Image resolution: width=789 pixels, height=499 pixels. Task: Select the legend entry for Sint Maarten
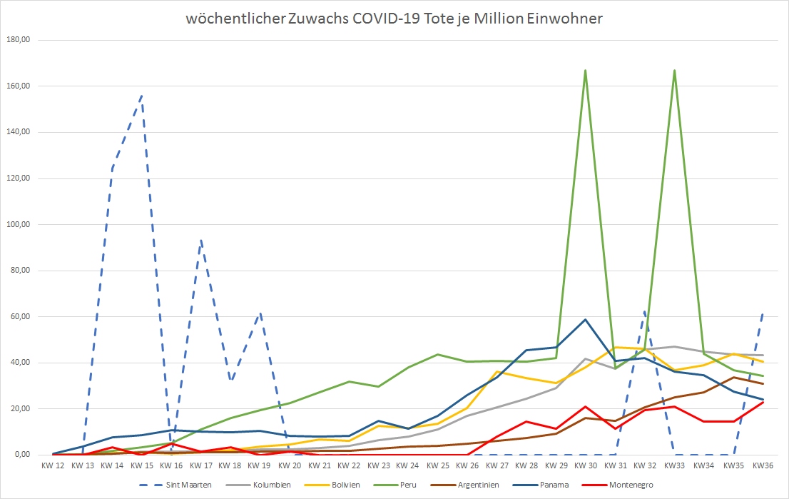193,485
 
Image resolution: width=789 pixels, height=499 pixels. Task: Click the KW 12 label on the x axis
53,465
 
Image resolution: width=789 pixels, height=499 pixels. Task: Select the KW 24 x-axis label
407,465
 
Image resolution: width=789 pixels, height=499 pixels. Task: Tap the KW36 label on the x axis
763,465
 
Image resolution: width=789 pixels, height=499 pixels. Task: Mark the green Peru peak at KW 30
585,70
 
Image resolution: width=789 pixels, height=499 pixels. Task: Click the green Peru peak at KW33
674,70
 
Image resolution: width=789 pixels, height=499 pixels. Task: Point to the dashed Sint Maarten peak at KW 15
142,95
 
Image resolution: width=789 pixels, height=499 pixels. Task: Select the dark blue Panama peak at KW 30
585,319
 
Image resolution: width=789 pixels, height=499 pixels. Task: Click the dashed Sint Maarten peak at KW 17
201,241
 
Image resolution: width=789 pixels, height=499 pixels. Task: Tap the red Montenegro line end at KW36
763,402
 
